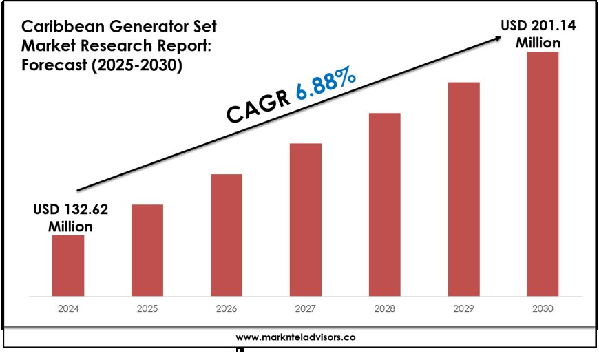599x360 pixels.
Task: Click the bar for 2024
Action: point(68,266)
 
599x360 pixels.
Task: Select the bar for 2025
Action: point(147,251)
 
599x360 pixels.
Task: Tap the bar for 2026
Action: point(227,235)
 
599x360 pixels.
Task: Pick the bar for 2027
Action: point(306,220)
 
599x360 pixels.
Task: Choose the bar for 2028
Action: point(384,204)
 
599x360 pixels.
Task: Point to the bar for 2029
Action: point(463,189)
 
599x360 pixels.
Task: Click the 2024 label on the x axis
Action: point(68,310)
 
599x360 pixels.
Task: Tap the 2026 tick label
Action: point(227,310)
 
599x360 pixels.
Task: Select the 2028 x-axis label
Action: point(384,310)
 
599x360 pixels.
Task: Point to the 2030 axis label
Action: point(543,310)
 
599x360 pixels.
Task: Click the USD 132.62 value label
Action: point(70,217)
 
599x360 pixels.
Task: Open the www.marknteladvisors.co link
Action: point(295,337)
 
